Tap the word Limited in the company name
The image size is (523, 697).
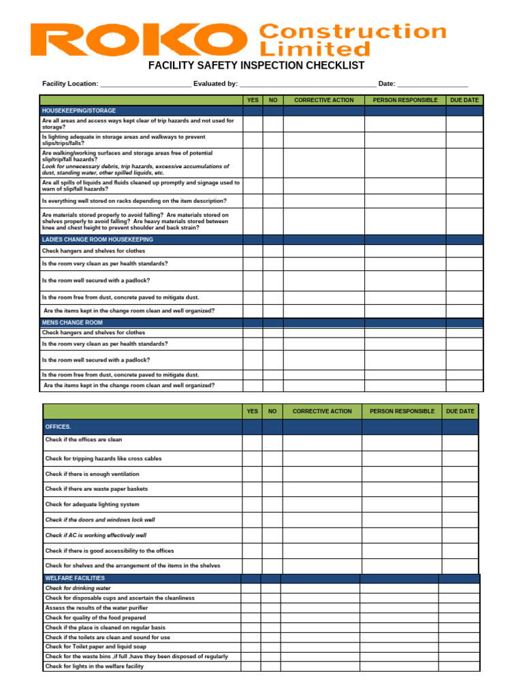[x=315, y=49]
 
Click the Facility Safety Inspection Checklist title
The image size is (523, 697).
[x=257, y=66]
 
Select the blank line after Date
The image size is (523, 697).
[x=432, y=84]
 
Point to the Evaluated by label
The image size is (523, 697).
[x=215, y=84]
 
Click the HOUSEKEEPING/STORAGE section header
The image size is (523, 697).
[x=79, y=110]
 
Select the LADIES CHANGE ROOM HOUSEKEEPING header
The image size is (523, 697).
[x=97, y=240]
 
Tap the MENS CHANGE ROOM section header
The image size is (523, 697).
[x=72, y=323]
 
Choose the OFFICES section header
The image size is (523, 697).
[x=58, y=427]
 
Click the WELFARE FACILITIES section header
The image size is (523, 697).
[x=75, y=578]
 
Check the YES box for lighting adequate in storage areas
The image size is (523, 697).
[x=253, y=140]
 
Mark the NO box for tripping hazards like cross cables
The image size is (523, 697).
[x=272, y=459]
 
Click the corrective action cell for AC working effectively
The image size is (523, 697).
[x=321, y=536]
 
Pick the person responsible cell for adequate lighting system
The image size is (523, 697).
[x=401, y=504]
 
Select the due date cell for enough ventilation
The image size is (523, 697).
[x=460, y=474]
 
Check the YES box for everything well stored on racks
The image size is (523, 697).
[x=253, y=201]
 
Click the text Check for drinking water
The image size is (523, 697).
[x=78, y=588]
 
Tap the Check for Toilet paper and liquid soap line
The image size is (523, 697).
[x=95, y=647]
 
